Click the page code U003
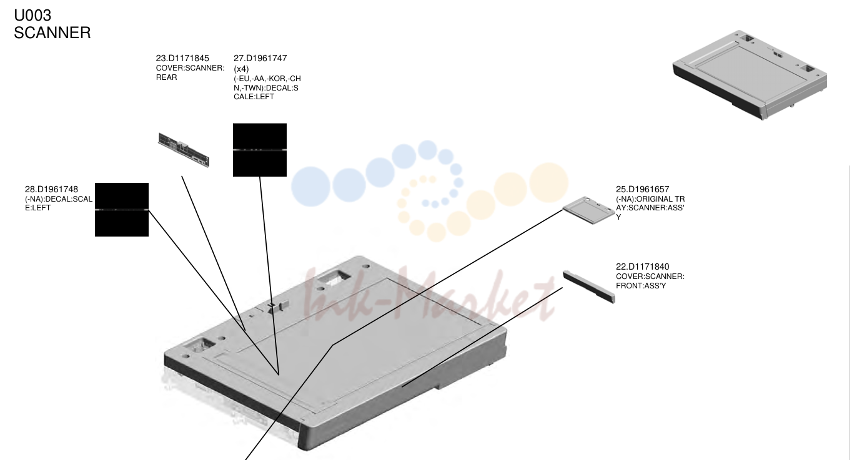tap(32, 16)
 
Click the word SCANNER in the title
tap(52, 32)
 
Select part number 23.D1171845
tap(182, 58)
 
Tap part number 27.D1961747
tap(260, 58)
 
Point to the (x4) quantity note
tap(241, 69)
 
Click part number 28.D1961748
tap(52, 189)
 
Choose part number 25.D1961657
tap(643, 189)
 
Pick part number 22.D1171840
tap(643, 267)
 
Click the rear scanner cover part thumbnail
tap(184, 150)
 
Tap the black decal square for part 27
tap(260, 150)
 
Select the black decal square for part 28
tap(122, 210)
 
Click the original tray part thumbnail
tap(589, 210)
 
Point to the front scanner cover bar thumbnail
tap(589, 287)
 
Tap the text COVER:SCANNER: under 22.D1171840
tap(650, 276)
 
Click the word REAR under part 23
tap(167, 77)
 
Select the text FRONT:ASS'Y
tap(641, 286)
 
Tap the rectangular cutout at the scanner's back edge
tap(334, 276)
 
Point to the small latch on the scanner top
tap(278, 306)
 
